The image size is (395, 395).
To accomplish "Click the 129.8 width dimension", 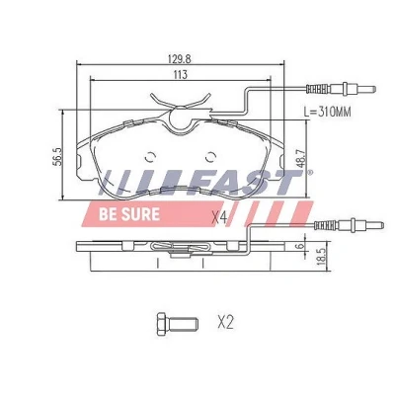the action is point(180,59).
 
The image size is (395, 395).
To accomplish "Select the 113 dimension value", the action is point(180,75).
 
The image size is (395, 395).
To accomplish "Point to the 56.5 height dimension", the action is point(57,156).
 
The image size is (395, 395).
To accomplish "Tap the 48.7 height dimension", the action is point(300,158).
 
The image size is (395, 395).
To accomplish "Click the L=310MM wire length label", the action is point(327,113).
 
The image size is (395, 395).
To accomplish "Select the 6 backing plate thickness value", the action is point(300,245).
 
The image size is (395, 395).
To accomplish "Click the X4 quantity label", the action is point(219,218).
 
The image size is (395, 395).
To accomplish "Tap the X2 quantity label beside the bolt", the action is point(225,322).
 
